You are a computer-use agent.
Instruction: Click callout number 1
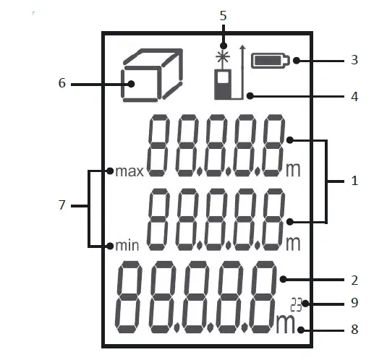354,181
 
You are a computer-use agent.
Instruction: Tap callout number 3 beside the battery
354,60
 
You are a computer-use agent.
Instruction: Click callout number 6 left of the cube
62,83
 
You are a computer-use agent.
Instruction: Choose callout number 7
62,206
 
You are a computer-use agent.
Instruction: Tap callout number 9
354,304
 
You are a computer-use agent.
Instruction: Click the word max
130,172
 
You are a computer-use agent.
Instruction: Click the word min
127,244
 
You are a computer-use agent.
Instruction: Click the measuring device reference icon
224,84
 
